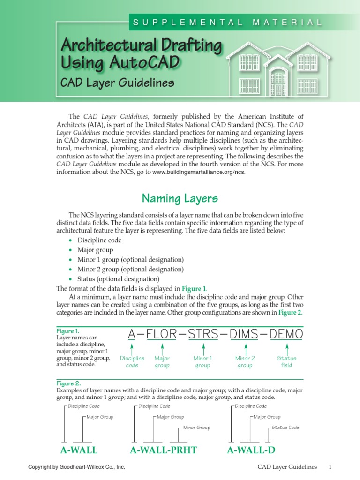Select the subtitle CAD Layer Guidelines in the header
point(111,83)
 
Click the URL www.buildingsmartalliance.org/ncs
point(199,172)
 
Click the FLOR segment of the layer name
point(162,334)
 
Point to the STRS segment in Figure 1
point(203,334)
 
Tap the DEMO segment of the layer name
point(286,334)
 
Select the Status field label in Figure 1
point(286,361)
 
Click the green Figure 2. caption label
point(68,383)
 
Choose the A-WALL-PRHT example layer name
point(163,450)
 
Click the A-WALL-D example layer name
point(251,450)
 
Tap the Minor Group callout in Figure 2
point(196,427)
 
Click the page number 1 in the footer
point(330,467)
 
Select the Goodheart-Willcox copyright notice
point(76,467)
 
